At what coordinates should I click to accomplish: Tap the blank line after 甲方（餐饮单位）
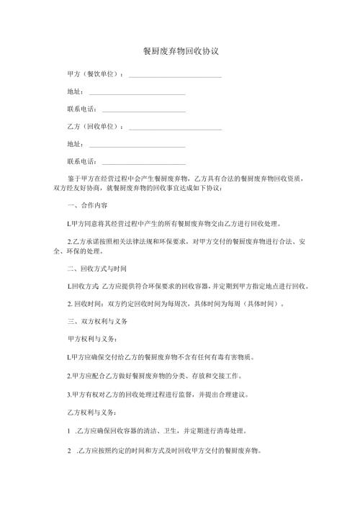point(174,76)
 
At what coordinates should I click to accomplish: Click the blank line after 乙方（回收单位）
point(174,128)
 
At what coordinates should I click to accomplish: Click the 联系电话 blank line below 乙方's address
point(144,163)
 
